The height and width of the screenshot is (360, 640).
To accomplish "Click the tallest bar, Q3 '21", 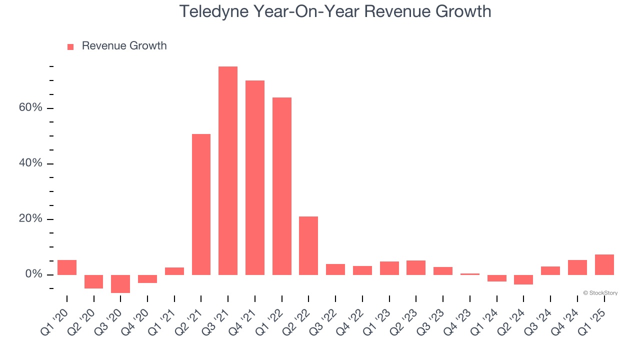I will click(228, 170).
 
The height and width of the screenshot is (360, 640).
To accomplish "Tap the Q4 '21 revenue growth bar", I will click(255, 177).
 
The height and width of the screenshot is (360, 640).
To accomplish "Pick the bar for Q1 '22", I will click(282, 186).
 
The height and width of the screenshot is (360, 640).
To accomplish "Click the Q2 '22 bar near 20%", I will click(308, 245).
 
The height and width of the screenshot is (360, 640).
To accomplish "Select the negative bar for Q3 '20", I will click(120, 284).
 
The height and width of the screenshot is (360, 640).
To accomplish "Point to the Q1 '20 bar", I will click(67, 267).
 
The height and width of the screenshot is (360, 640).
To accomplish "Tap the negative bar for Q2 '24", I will click(523, 279).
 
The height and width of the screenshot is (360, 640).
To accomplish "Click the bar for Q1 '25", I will click(604, 264).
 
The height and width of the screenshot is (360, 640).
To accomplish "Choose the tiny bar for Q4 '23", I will click(470, 274).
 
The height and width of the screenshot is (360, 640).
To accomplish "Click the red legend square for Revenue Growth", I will click(70, 46).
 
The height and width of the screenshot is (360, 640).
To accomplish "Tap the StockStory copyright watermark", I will click(600, 293).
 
